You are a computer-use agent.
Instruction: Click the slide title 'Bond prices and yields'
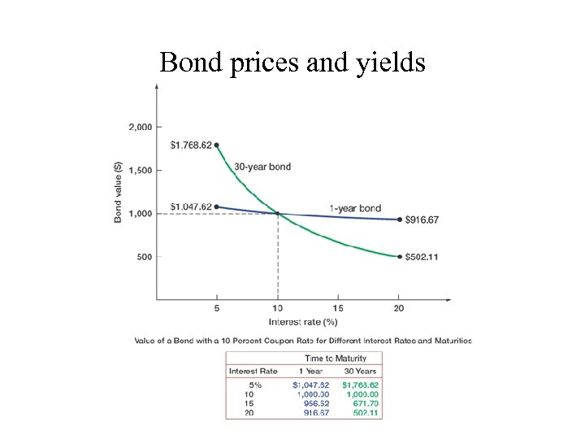click(292, 62)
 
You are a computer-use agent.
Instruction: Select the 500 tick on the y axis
click(145, 257)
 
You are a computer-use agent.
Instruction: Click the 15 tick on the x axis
click(338, 308)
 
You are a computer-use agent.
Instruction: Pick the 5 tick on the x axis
click(217, 308)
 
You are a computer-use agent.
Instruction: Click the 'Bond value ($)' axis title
click(119, 192)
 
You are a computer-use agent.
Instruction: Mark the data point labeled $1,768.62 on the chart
click(217, 146)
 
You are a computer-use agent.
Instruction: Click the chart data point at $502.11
click(399, 257)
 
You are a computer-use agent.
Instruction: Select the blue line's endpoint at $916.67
click(399, 219)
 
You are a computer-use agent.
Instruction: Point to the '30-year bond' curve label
click(262, 167)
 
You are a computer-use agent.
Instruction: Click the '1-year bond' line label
click(354, 208)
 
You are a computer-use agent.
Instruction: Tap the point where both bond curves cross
click(278, 214)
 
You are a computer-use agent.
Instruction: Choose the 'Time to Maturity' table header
click(335, 359)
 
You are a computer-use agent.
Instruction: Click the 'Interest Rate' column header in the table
click(253, 372)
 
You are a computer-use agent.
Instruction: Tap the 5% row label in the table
click(255, 384)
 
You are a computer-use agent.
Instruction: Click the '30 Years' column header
click(361, 372)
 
